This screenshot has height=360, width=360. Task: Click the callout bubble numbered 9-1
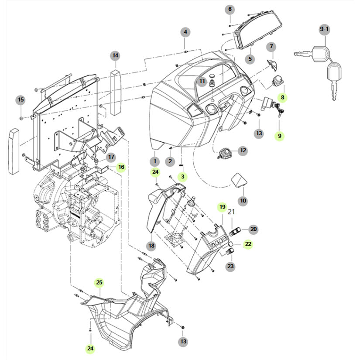pyautogui.click(x=324, y=29)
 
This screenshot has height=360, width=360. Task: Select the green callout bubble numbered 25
pyautogui.click(x=99, y=282)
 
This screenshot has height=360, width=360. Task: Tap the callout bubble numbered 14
pyautogui.click(x=115, y=55)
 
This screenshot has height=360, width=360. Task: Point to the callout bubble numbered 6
pyautogui.click(x=230, y=10)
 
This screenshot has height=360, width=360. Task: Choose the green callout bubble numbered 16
pyautogui.click(x=121, y=167)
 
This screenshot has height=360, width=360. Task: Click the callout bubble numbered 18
pyautogui.click(x=151, y=246)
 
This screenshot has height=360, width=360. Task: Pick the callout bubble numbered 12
pyautogui.click(x=243, y=151)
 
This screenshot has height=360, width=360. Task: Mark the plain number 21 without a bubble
pyautogui.click(x=231, y=212)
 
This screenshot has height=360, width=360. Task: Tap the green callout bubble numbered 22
pyautogui.click(x=248, y=244)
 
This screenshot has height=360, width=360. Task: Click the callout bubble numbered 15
pyautogui.click(x=21, y=99)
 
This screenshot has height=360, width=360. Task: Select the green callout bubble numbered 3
pyautogui.click(x=182, y=177)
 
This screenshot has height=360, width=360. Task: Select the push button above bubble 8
pyautogui.click(x=278, y=80)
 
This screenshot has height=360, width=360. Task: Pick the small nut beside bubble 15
pyautogui.click(x=21, y=118)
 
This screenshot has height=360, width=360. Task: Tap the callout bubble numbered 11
pyautogui.click(x=202, y=81)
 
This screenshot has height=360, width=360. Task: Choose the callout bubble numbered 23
pyautogui.click(x=230, y=266)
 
